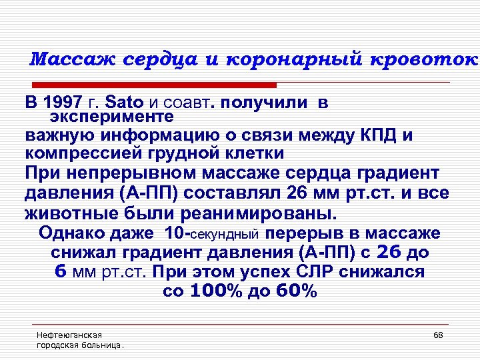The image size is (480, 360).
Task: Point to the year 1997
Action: [x=64, y=103]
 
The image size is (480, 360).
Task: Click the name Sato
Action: [x=125, y=103]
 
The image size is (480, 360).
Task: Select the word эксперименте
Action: [x=111, y=117]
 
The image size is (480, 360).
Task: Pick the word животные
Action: [x=74, y=214]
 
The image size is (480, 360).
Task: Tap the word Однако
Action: [x=70, y=233]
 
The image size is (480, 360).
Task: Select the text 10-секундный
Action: [x=212, y=234]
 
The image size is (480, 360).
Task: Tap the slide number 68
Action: [x=438, y=335]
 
